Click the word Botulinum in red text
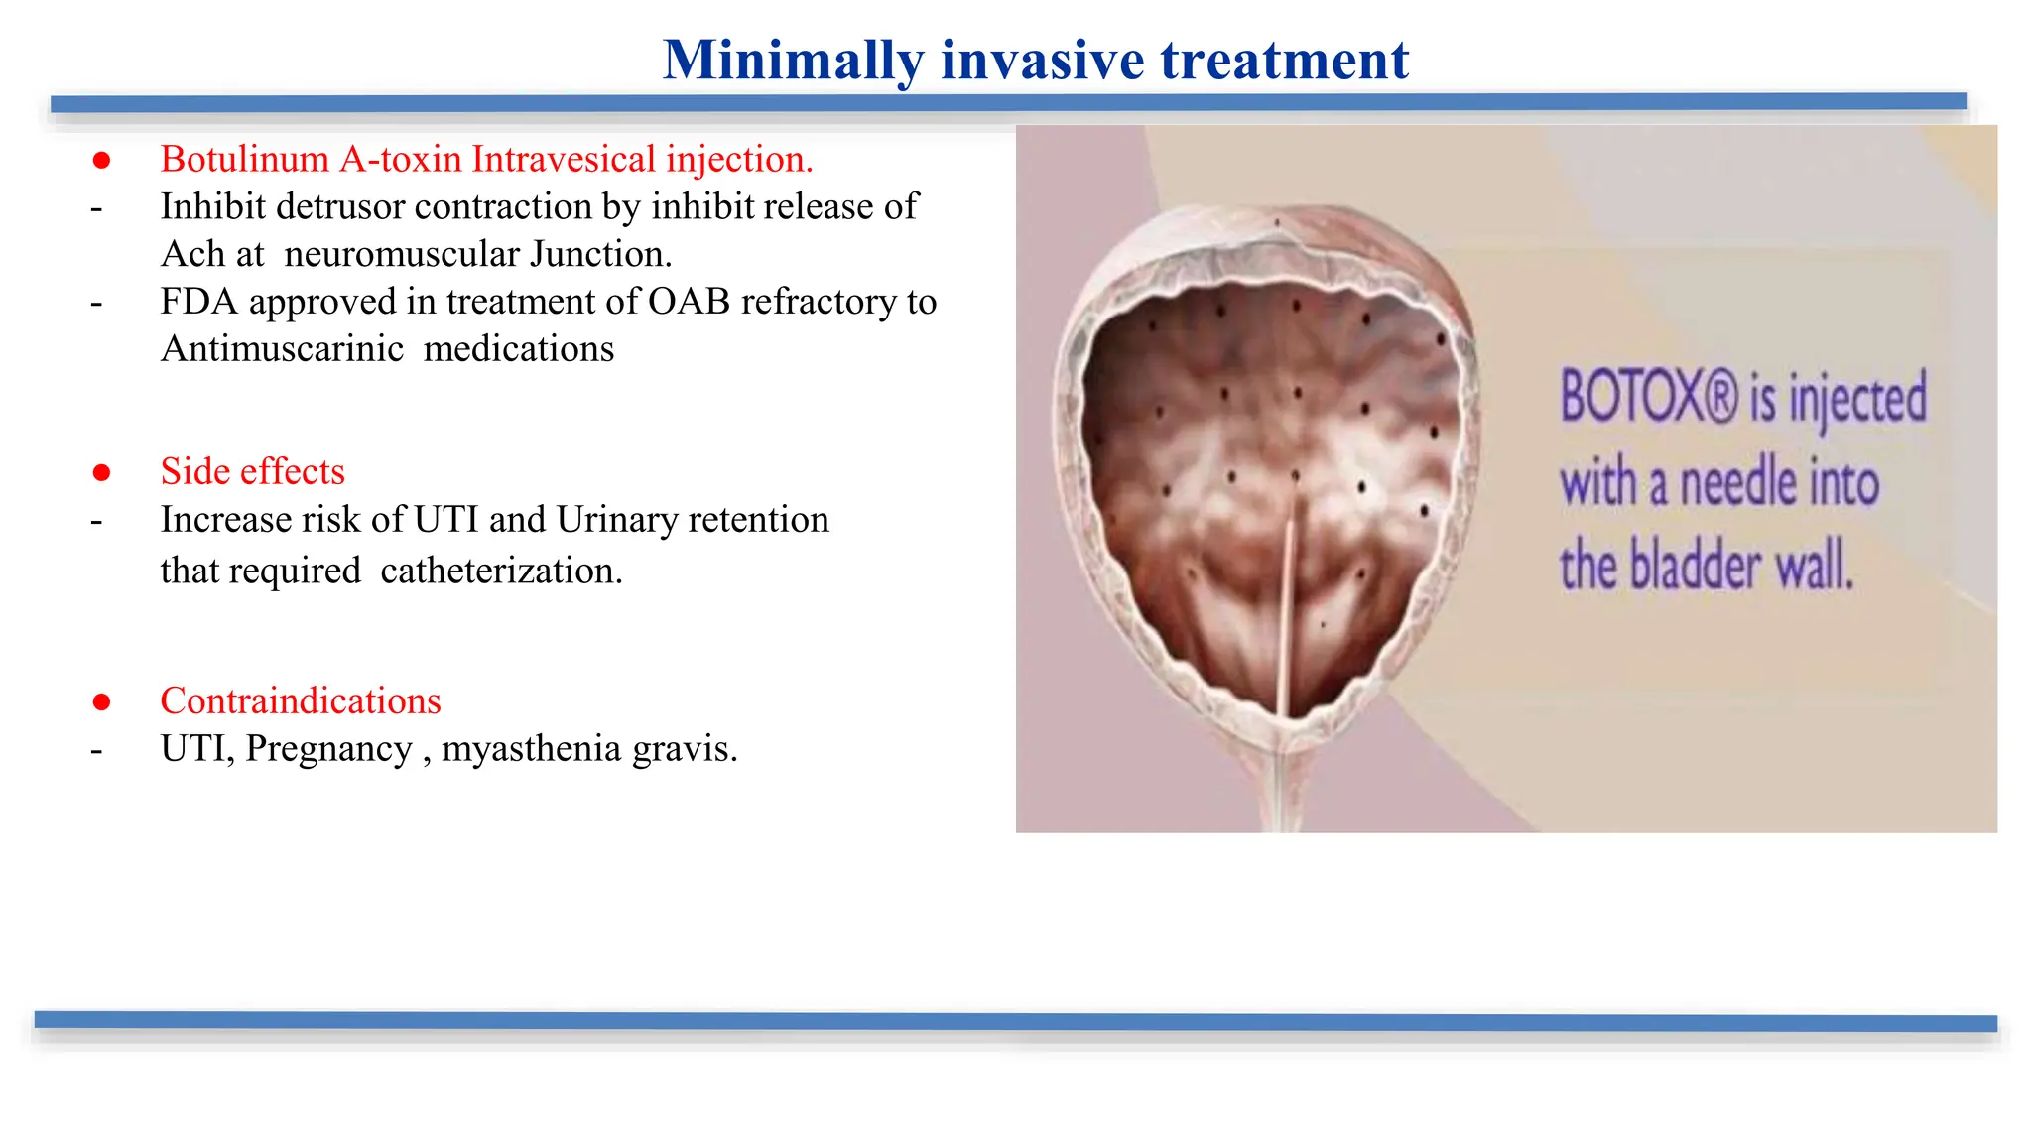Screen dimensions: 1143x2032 244,159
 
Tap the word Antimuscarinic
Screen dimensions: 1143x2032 282,348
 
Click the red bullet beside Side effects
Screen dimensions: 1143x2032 101,472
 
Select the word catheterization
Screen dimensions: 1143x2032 501,571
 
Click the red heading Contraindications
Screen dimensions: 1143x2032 301,700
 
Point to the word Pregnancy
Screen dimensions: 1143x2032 328,748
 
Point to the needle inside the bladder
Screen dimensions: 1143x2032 1288,605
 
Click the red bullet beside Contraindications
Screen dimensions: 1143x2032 101,702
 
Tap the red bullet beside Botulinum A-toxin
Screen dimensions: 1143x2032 101,160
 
